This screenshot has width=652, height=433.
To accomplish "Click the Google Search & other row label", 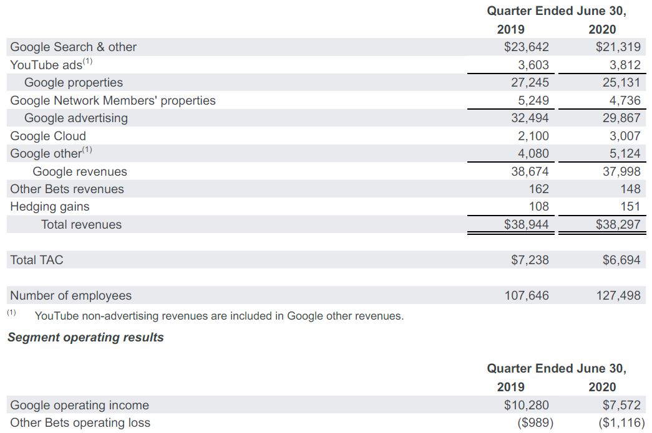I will tap(74, 47).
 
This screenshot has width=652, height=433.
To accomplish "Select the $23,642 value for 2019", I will tap(526, 47).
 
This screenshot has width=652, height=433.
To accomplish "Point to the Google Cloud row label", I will tap(48, 136).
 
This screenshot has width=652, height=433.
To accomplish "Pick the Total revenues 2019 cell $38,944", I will tap(526, 224).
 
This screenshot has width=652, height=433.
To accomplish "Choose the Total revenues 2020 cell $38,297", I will tap(618, 224).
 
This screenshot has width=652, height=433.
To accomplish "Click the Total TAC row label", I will tap(37, 260).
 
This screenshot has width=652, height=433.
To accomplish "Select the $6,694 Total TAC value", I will tap(621, 260).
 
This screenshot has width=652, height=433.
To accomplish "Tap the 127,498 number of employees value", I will tap(618, 295).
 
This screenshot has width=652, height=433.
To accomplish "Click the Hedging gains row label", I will tap(50, 207).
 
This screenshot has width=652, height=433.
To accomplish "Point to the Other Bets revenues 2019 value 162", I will tap(538, 189).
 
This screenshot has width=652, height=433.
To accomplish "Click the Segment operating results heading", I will tap(85, 338).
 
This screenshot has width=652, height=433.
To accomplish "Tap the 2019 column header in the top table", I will tap(510, 29).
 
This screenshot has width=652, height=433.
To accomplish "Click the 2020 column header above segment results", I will tap(602, 387).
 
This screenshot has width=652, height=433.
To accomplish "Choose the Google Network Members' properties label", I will tap(113, 100).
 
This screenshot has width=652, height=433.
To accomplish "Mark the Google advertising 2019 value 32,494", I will tap(530, 118).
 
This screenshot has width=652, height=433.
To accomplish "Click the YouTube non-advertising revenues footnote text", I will tap(219, 316).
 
